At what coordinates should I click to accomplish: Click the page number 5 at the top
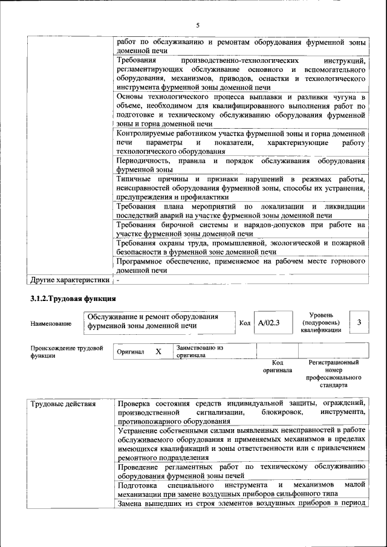197,25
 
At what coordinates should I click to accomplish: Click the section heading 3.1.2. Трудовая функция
73,299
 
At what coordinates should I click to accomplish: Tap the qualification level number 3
359,323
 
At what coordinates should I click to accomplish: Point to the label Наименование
51,323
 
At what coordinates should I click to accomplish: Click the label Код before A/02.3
245,323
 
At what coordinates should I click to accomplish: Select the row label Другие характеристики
70,280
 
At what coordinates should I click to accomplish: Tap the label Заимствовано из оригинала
200,352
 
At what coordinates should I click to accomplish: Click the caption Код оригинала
278,366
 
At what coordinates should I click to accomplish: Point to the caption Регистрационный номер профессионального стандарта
333,373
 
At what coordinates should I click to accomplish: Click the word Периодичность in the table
142,161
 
